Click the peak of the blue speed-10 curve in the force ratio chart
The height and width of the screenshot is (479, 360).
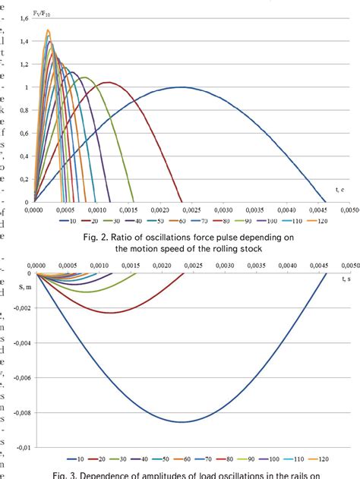(x=182, y=87)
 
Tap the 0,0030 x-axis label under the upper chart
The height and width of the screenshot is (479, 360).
(x=223, y=210)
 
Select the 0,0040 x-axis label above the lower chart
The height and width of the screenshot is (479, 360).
(x=287, y=266)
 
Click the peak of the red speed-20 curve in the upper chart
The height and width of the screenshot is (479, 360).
(x=109, y=82)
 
